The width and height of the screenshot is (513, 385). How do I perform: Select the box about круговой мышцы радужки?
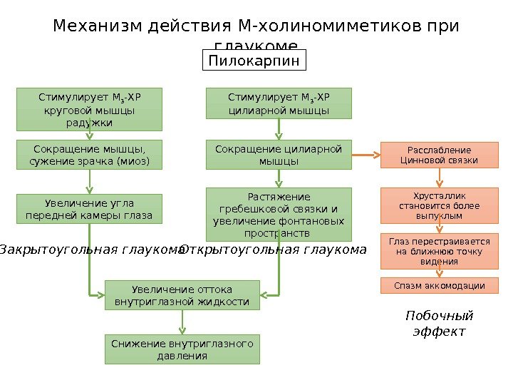click(89, 109)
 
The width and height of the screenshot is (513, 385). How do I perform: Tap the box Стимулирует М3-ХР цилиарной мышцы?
click(279, 103)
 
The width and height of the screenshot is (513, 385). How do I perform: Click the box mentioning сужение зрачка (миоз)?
click(89, 155)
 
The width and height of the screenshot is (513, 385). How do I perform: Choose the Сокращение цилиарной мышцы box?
click(279, 155)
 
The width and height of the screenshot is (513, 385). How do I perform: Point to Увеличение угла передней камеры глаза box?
click(89, 208)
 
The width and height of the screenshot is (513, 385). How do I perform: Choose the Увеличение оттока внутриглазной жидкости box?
click(182, 296)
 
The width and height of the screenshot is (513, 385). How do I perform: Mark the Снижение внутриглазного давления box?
click(182, 349)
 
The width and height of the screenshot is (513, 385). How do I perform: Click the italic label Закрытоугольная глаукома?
click(91, 250)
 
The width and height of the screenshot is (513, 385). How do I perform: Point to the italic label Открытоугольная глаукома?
click(274, 250)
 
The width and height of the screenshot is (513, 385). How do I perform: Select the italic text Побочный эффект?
click(439, 324)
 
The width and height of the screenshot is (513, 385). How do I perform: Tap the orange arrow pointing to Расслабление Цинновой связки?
click(367, 154)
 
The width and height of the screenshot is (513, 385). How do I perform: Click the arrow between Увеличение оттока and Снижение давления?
click(182, 322)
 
